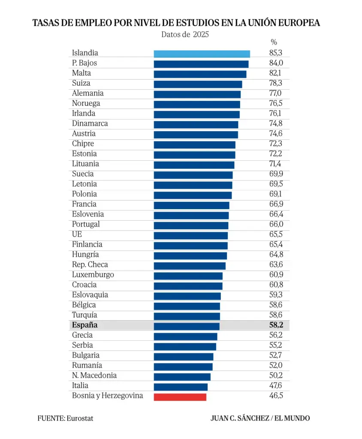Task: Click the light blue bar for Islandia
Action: tap(202, 54)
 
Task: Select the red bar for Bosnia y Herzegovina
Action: tap(180, 397)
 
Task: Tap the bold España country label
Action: tap(84, 325)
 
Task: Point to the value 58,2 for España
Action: tap(276, 325)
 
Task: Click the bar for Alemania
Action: tap(197, 94)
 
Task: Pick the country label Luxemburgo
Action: tap(93, 275)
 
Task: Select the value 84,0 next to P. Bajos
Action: tap(276, 63)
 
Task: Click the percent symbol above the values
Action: tap(274, 42)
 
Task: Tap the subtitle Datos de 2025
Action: tap(185, 34)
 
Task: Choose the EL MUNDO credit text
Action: tap(292, 418)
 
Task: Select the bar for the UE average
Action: tap(190, 235)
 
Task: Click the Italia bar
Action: tap(181, 387)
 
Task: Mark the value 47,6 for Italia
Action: tap(275, 385)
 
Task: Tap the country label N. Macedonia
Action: tap(94, 375)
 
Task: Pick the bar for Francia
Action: tap(191, 205)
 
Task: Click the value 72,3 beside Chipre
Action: tap(276, 143)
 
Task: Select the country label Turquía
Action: tap(84, 315)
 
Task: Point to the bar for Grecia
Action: tap(185, 336)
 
